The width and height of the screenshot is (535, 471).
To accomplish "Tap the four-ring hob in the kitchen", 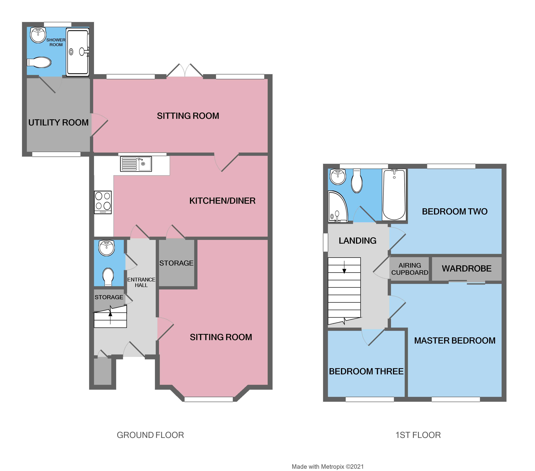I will (103, 202).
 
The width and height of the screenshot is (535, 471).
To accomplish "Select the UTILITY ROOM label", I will (58, 123).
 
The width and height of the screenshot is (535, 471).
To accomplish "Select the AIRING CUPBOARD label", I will (410, 269).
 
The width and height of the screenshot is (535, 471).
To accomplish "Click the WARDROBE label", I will (466, 269).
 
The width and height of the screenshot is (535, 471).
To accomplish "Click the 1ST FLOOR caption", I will (418, 435).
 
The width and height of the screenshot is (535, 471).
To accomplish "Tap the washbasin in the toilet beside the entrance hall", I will (107, 248).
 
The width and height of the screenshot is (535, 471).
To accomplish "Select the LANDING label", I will (358, 241).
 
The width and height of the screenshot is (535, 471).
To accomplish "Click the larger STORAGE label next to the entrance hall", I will (176, 263).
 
